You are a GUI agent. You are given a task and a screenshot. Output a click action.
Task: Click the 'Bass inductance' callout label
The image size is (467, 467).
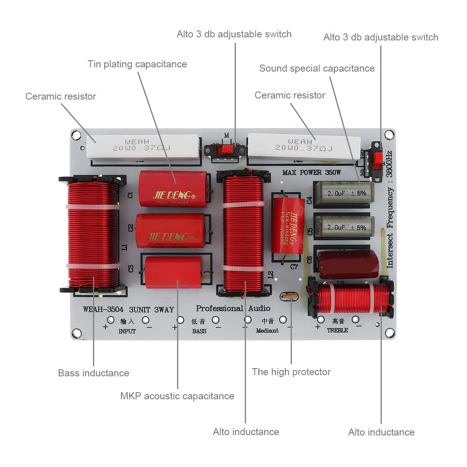click(93, 373)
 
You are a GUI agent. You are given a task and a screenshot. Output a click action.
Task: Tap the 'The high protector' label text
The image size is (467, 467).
click(291, 372)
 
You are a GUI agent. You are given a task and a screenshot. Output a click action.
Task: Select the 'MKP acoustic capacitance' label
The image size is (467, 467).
click(177, 396)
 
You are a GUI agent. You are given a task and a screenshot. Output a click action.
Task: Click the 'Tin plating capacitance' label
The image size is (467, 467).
click(137, 64)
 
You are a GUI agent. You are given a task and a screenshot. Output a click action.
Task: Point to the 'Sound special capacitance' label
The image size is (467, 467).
click(317, 68)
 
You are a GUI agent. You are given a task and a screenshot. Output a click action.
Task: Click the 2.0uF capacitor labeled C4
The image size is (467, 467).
click(344, 193)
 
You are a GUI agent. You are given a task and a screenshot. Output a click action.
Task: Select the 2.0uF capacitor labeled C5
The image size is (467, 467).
click(344, 227)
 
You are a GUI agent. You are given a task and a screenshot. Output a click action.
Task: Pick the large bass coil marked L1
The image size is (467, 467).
click(93, 233)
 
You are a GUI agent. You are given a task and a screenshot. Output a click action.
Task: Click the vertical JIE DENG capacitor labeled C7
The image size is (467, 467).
click(288, 226)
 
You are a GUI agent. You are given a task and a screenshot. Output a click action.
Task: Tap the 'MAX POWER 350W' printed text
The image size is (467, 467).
click(311, 172)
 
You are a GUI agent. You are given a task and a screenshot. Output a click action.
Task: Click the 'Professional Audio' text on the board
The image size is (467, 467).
click(233, 308)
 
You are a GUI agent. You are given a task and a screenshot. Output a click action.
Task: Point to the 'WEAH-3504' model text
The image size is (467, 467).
click(103, 310)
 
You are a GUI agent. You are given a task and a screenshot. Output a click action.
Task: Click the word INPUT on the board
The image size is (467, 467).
click(127, 331)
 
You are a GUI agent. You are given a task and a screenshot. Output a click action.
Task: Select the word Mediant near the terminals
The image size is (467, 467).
click(267, 330)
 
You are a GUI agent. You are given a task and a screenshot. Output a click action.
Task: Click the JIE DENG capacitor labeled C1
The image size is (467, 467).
click(172, 188)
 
